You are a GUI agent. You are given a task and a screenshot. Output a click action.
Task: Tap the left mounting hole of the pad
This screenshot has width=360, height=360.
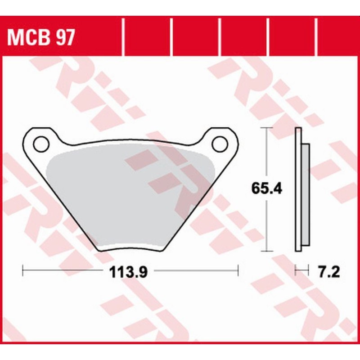(40, 144)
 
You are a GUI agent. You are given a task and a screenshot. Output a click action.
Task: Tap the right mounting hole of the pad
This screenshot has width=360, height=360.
(220, 144)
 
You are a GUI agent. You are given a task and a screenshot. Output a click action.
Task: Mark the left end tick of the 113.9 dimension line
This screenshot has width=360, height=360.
(23, 271)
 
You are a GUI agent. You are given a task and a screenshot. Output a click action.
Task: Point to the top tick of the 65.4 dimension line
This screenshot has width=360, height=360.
(268, 128)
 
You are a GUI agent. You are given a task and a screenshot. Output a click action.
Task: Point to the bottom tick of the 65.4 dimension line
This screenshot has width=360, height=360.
(268, 250)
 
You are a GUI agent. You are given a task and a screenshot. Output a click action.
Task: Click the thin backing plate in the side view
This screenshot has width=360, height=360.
(298, 189)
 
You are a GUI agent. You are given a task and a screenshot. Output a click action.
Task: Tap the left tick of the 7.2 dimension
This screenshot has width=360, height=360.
(296, 271)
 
